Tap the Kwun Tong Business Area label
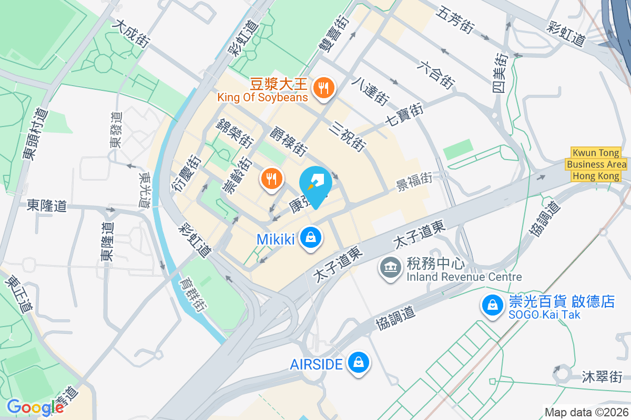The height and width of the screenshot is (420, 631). pos(596,164)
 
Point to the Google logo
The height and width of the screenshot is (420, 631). pos(35,407)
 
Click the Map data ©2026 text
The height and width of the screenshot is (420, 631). pos(586,412)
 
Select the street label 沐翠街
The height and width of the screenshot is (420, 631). pos(602,376)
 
